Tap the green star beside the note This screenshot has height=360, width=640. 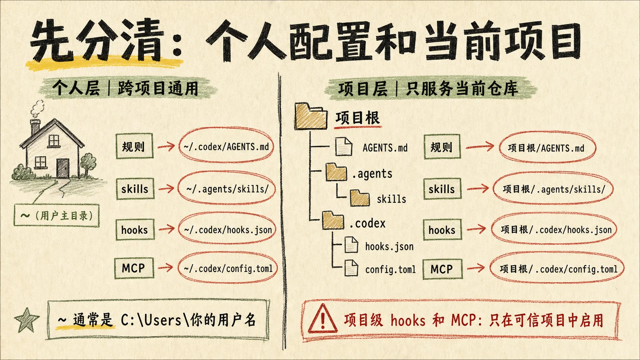coord(26,320)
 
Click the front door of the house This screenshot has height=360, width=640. coord(62,168)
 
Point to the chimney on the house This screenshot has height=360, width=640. coord(35,127)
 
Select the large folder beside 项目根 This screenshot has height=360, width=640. coord(310,116)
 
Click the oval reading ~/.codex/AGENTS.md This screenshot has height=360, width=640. coord(226,146)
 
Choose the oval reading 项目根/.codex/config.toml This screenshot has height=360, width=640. coord(557,268)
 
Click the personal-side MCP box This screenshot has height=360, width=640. coord(134,268)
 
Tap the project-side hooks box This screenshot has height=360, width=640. coord(442,230)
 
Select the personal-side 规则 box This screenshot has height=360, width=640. coord(134,146)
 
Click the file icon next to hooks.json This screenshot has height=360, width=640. coord(351,245)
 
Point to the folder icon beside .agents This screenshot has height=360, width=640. coord(336,172)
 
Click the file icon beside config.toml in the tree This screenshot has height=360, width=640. coord(351,268)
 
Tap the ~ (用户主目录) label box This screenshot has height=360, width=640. coord(57,215)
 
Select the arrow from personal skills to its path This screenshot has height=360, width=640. coord(166,189)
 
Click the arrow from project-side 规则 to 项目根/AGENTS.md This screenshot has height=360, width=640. coord(480,147)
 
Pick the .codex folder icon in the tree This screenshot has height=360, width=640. coord(333,220)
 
